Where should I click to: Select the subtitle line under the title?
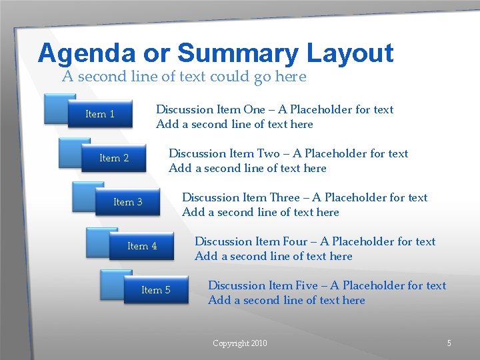[x=184, y=77]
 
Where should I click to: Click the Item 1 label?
[x=100, y=114]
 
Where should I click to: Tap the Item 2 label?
[x=114, y=158]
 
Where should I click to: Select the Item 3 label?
[x=128, y=202]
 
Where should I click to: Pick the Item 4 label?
[x=142, y=246]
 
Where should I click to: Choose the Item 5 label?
[x=156, y=290]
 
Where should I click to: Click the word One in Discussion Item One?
[x=254, y=109]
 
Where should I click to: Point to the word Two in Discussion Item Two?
[x=267, y=153]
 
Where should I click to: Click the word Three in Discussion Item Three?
[x=284, y=197]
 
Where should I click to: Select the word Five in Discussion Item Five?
[x=307, y=285]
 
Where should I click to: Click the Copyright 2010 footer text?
[x=239, y=343]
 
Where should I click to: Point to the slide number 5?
[x=449, y=343]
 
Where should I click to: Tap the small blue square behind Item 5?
[x=110, y=280]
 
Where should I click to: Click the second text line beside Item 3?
[x=260, y=212]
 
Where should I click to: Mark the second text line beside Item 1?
[x=234, y=124]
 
